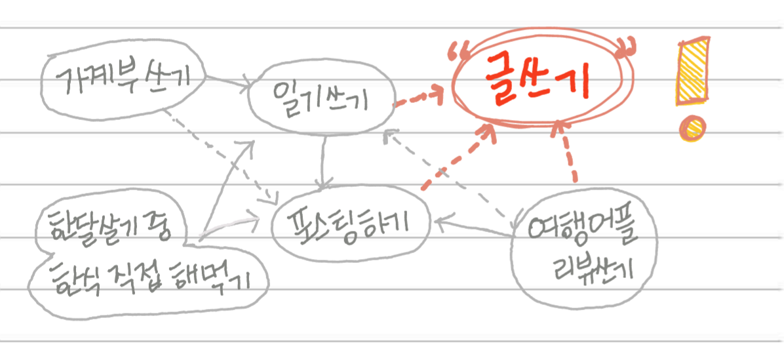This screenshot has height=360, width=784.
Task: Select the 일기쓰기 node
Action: pyautogui.click(x=321, y=100)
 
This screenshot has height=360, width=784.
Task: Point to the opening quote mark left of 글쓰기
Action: pyautogui.click(x=454, y=49)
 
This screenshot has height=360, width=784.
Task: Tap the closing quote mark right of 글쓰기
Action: pyautogui.click(x=628, y=47)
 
